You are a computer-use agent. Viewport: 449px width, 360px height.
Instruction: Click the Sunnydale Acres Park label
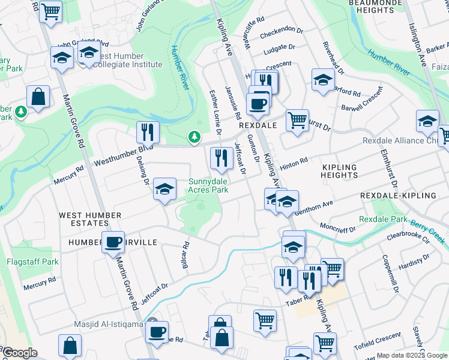pos(209,185)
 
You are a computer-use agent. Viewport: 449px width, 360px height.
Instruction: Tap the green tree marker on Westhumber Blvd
pos(194,138)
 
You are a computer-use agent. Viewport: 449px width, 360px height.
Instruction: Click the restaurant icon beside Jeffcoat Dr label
pos(221,158)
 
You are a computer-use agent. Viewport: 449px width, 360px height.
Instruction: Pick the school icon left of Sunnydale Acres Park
pos(164,190)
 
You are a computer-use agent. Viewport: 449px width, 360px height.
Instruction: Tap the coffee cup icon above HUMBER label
pos(113,243)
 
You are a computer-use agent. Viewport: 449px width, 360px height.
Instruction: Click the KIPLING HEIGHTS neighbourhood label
pos(339,171)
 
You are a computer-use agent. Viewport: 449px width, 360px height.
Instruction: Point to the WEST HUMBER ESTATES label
pos(90,220)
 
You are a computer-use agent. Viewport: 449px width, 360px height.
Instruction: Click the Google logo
pos(20,353)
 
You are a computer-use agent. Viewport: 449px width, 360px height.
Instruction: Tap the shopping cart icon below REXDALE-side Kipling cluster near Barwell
pos(297,120)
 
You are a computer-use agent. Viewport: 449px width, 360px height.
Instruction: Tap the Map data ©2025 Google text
pos(411,355)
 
